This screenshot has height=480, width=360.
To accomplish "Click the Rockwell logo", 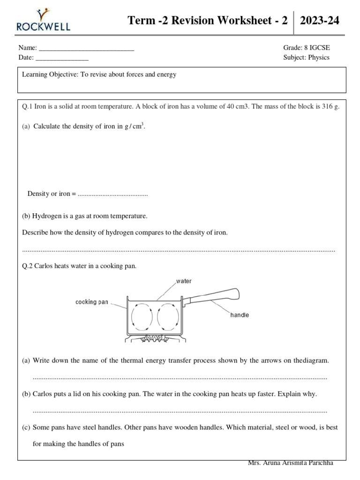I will [44, 20].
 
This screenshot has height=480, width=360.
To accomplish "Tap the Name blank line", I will [86, 48].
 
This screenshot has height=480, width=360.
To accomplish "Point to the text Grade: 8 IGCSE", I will [306, 48].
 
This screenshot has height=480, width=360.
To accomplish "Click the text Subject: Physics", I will [306, 57].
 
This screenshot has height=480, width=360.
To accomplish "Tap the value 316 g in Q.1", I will [330, 106].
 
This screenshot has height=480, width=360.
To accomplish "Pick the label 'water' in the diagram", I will [184, 281].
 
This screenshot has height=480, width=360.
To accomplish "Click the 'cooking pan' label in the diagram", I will [92, 302].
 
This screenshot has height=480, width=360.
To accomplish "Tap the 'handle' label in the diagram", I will [239, 315].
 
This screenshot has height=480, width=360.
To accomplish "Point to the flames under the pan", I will [154, 337].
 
